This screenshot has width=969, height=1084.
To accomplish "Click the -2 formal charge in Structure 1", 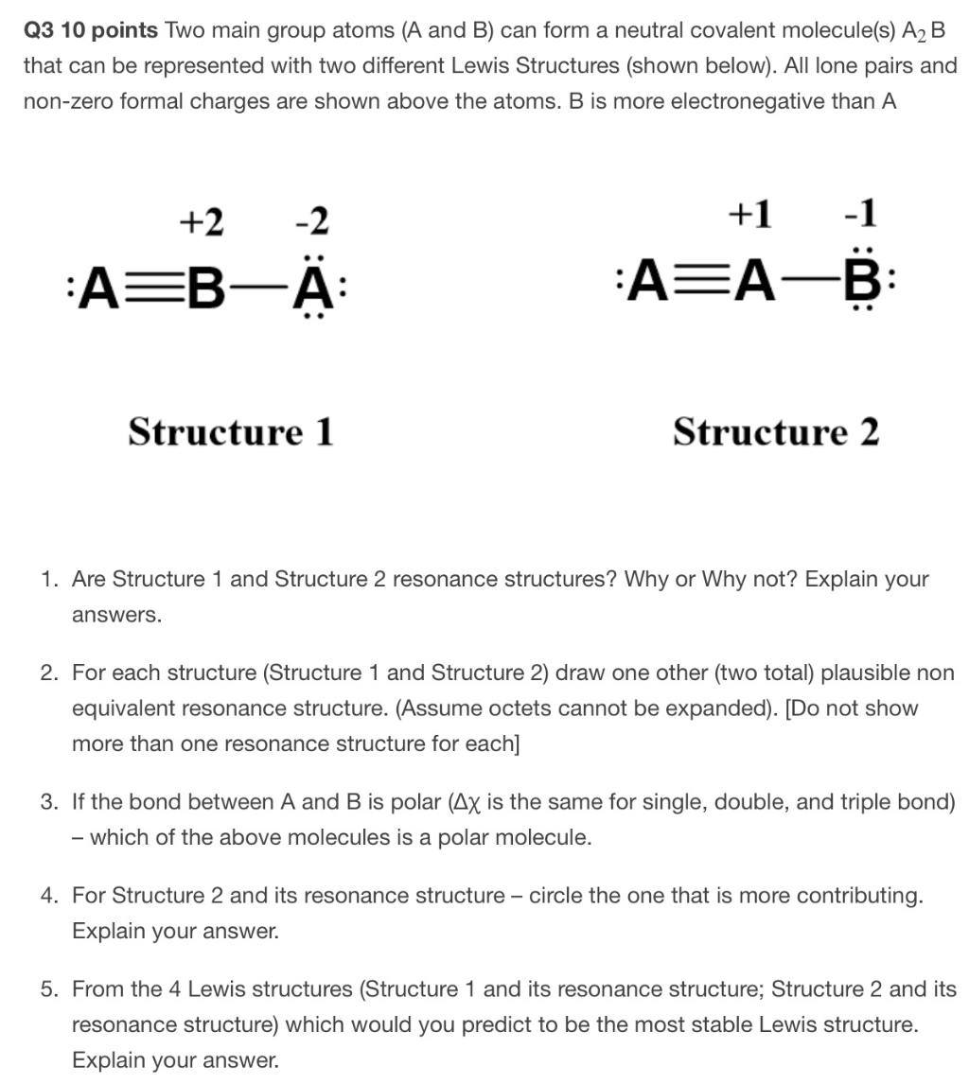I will point(311,222).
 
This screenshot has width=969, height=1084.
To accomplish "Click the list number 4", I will point(47,895).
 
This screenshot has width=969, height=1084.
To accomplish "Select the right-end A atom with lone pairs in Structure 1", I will point(317,282).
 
